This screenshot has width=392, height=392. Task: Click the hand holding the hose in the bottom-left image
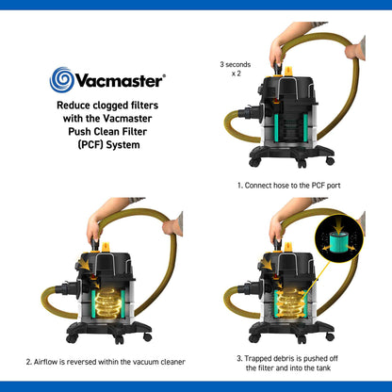(x=173, y=226)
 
